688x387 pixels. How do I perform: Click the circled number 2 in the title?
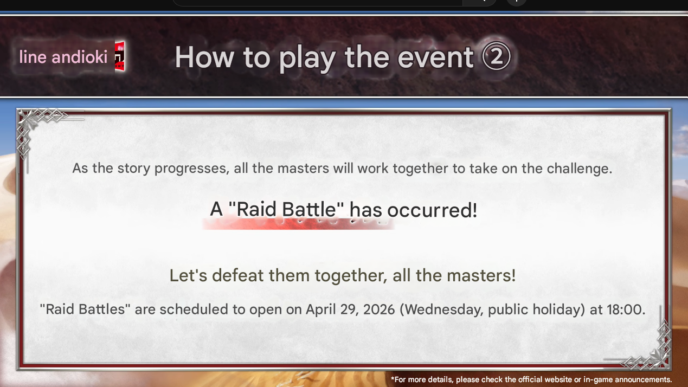pos(496,57)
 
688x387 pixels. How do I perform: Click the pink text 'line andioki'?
pos(63,57)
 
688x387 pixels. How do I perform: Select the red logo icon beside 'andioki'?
pos(120,56)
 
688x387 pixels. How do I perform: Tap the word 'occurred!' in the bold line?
pos(432,210)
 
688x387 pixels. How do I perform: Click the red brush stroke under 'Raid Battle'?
pos(298,224)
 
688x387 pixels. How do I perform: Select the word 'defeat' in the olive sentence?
pos(237,275)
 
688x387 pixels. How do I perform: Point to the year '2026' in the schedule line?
pos(379,309)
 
